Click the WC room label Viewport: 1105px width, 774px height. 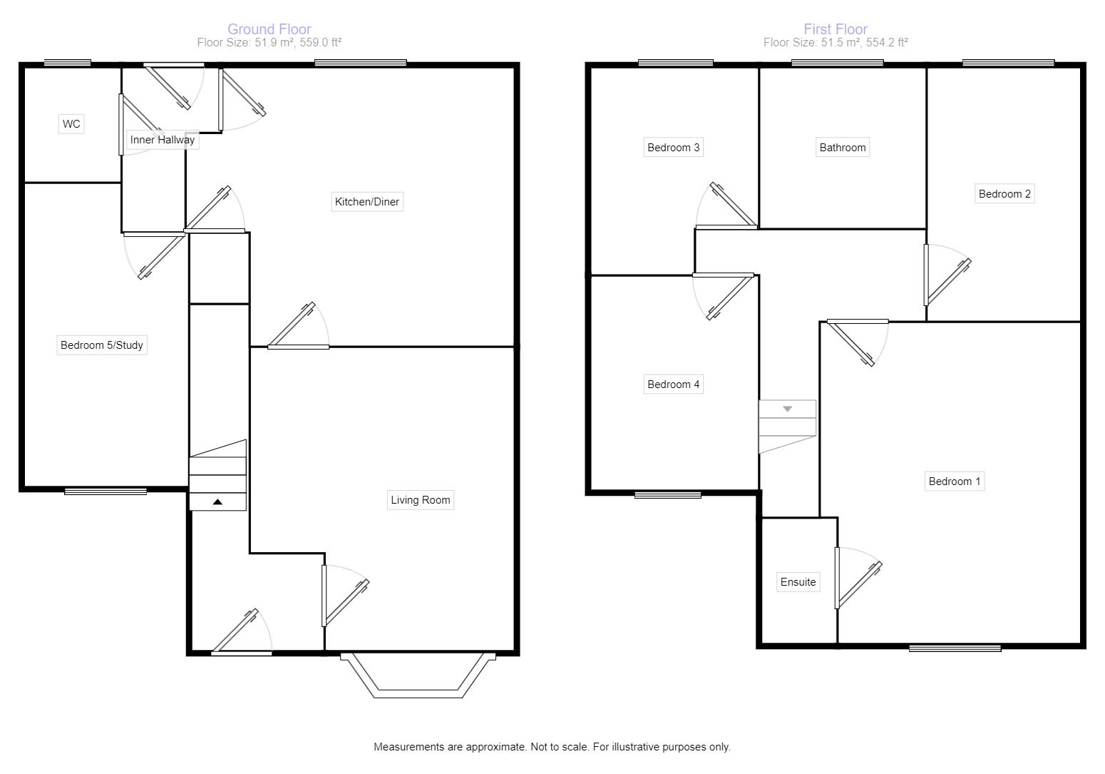[71, 124]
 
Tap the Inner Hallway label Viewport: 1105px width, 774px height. [162, 140]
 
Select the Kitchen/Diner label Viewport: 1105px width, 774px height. [367, 202]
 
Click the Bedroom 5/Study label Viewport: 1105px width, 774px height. [102, 345]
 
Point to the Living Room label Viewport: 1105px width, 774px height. [421, 500]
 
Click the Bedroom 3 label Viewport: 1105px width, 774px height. [673, 148]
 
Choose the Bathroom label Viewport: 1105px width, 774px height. [843, 148]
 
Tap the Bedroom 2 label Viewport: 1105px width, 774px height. [1004, 194]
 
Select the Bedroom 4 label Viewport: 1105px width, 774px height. [673, 385]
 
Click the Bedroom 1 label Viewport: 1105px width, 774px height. [955, 482]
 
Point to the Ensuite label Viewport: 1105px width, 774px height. [798, 582]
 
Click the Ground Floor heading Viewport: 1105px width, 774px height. [269, 29]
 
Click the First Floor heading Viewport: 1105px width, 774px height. [836, 29]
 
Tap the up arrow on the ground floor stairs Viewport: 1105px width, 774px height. [217, 502]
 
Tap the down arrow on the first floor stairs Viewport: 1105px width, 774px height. [788, 409]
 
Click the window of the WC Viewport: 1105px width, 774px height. [67, 63]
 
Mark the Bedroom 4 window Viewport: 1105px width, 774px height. [667, 494]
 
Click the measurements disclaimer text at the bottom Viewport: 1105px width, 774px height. [552, 747]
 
